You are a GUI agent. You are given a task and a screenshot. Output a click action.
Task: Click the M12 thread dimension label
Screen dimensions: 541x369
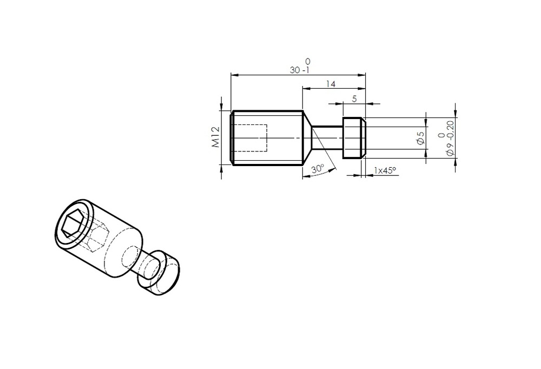tap(216, 137)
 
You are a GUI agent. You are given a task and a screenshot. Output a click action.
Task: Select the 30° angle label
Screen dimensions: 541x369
tap(318, 169)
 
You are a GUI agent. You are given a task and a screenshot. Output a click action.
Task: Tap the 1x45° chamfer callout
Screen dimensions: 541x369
tap(385, 170)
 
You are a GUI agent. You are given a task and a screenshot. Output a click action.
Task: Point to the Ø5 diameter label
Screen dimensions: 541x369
tap(420, 138)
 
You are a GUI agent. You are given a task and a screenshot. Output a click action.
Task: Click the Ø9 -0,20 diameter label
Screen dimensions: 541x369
tap(450, 138)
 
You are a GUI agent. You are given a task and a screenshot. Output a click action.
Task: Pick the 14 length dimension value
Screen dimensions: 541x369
tap(331, 84)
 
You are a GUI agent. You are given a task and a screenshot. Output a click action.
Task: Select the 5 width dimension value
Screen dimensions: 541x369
tap(354, 99)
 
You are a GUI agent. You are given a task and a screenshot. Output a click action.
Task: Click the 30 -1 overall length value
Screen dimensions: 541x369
tap(300, 70)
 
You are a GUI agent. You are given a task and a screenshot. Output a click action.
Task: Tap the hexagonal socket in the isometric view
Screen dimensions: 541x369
tap(72, 225)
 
